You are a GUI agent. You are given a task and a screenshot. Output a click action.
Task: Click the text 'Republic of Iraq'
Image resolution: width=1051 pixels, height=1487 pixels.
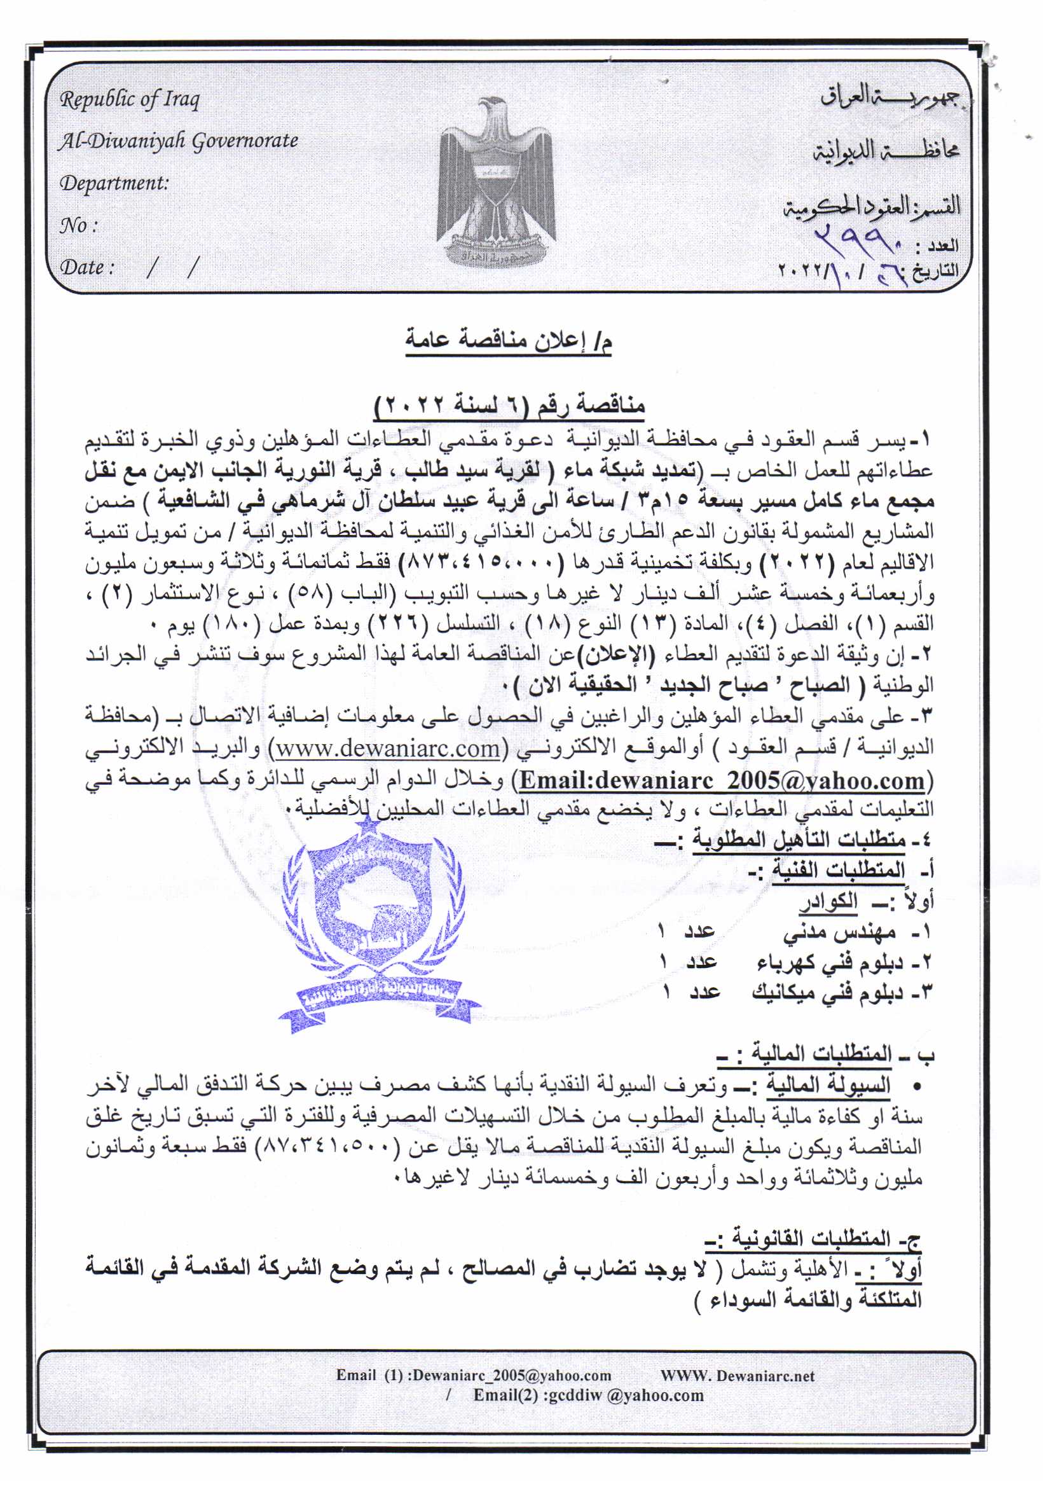point(130,99)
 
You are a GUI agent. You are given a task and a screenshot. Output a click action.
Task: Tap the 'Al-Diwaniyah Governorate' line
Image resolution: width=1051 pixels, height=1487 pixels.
point(178,141)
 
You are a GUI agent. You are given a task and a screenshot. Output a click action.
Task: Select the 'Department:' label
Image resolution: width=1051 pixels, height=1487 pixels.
point(114,183)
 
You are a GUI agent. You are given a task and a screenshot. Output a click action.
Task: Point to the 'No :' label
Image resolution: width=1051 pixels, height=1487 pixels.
point(78,225)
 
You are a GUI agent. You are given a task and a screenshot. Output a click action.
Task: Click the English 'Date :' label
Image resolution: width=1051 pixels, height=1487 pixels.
point(86,267)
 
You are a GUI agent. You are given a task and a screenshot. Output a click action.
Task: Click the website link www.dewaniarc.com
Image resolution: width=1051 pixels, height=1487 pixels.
point(388,749)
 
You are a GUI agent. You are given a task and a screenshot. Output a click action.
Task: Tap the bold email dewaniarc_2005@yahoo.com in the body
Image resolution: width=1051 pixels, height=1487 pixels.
point(722,780)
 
